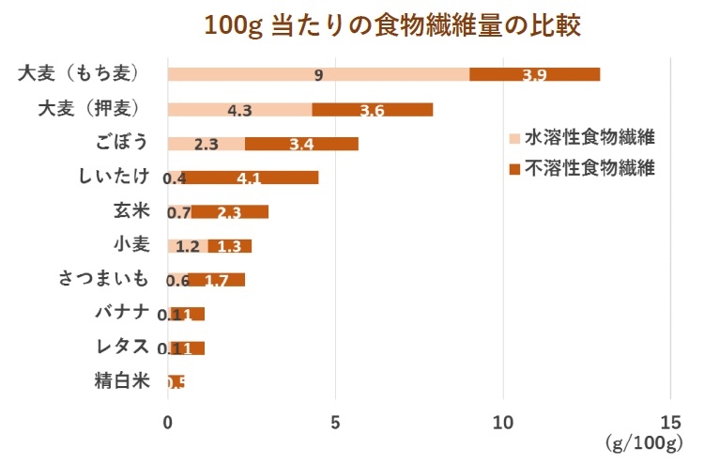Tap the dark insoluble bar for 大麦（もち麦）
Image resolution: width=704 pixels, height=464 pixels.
[x=534, y=74]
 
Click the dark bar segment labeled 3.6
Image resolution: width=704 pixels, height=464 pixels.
[x=372, y=109]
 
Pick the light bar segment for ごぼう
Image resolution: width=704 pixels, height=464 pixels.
[x=207, y=144]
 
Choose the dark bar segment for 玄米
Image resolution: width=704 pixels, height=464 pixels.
[x=230, y=211]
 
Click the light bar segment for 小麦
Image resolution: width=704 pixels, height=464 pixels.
[x=188, y=246]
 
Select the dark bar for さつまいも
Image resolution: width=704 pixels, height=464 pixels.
[x=217, y=280]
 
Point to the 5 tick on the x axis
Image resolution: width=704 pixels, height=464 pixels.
[x=336, y=422]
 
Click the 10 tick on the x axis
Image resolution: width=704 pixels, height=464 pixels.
[x=503, y=422]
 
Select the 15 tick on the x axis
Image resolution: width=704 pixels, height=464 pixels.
[x=669, y=422]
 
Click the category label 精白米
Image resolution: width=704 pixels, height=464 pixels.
[x=121, y=381]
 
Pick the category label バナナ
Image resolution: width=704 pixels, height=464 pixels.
[x=121, y=312]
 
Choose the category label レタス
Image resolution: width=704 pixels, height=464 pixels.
[x=121, y=347]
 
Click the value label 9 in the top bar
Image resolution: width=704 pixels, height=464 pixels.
[x=319, y=75]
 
